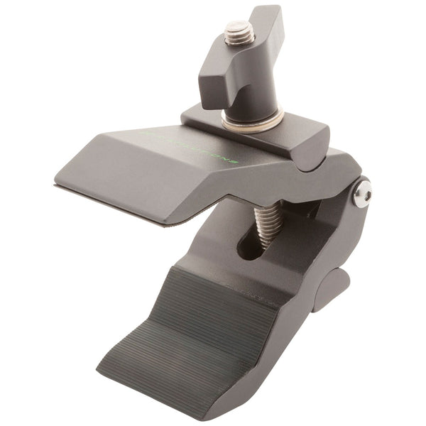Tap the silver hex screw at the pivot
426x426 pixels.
pos(362,192)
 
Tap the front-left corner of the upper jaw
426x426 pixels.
pos(57,185)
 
